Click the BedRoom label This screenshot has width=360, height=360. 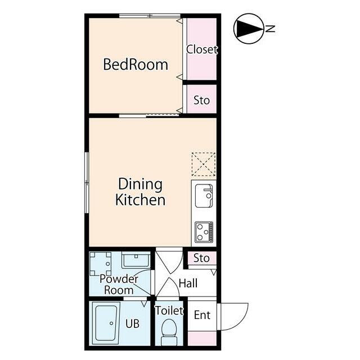click(x=136, y=64)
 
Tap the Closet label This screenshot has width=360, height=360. click(x=202, y=49)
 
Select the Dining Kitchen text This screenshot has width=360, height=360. click(x=140, y=192)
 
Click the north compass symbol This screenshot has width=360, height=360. click(x=249, y=29)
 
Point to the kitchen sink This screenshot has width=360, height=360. click(x=204, y=196)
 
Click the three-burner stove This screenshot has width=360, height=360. click(x=204, y=232)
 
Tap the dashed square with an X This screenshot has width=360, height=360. click(x=204, y=164)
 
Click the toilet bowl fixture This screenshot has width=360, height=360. click(x=169, y=332)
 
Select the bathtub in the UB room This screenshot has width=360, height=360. click(x=106, y=323)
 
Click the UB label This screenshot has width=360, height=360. click(x=133, y=323)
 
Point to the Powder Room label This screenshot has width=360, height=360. click(x=119, y=285)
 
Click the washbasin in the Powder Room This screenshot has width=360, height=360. click(x=136, y=260)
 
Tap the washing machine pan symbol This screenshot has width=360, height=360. click(x=101, y=264)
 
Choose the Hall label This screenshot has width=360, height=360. click(x=188, y=283)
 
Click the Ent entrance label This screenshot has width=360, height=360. click(x=202, y=315)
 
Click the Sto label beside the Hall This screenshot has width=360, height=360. click(x=201, y=258)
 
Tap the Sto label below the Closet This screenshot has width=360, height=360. click(x=201, y=100)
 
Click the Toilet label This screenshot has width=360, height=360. click(x=169, y=310)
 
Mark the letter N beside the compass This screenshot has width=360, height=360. click(x=271, y=29)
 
